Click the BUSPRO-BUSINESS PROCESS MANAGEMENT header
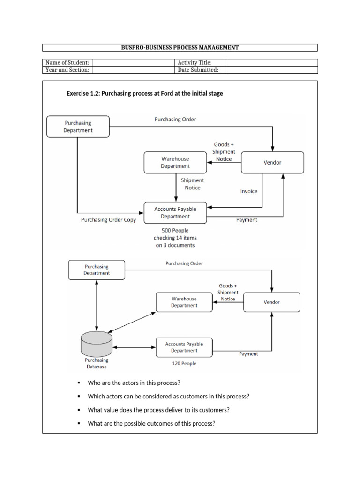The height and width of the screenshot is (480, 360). (x=180, y=47)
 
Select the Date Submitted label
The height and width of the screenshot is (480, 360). (x=198, y=70)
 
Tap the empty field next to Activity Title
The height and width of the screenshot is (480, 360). (x=271, y=62)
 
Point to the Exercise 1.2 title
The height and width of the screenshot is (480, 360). (x=145, y=93)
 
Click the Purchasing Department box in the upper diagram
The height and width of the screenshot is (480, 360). (x=78, y=127)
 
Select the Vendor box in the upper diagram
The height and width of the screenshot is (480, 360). (x=272, y=162)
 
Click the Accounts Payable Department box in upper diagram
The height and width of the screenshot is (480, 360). (x=175, y=213)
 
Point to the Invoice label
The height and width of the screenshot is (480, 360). (x=248, y=191)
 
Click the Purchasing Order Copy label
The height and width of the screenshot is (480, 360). (x=108, y=220)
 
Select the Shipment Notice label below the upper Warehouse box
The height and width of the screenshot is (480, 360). (x=193, y=184)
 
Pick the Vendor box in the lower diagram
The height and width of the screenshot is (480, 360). (x=271, y=302)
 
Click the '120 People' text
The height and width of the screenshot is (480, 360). (x=184, y=363)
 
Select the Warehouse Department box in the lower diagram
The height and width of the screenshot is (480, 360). (x=184, y=302)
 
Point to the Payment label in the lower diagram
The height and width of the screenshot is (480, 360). (x=248, y=354)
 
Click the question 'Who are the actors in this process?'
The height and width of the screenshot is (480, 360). (x=134, y=383)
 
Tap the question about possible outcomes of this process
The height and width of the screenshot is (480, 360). (x=151, y=423)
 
